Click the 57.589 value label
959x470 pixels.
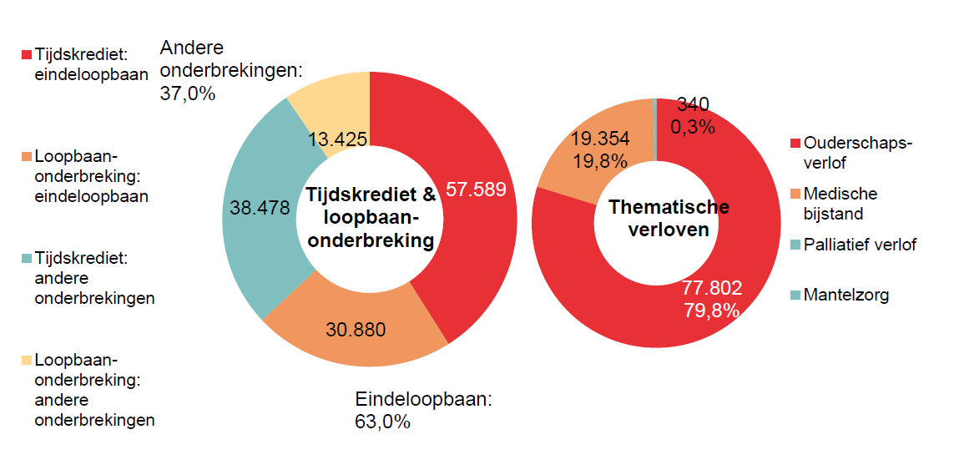476,190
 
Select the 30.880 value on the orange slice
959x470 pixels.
356,330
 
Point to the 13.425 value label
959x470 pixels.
337,139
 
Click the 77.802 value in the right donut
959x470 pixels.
711,288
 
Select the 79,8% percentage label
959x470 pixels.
711,311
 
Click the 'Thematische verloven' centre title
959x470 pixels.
669,218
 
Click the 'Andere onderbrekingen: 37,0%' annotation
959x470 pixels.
229,71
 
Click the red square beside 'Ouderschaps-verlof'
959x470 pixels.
795,144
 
